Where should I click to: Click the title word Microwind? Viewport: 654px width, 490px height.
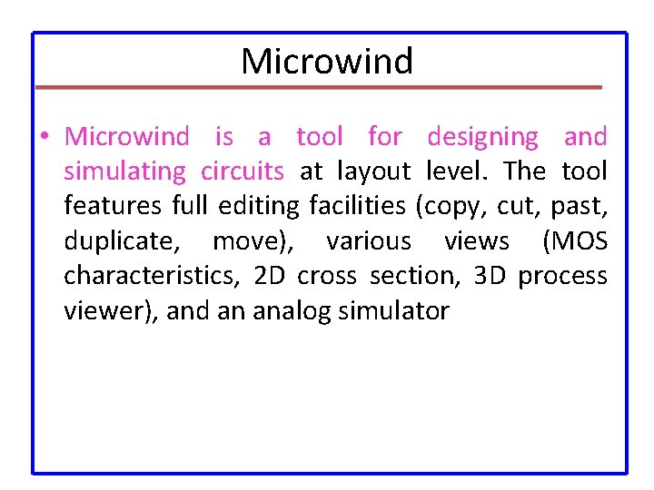coord(327,62)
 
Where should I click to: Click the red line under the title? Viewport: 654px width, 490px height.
coord(318,87)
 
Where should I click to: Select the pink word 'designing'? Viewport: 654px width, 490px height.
coord(482,138)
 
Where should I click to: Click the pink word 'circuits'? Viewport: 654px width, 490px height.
coord(243,171)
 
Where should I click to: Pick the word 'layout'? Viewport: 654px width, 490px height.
coord(373,172)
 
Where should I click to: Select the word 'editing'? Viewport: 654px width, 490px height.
coord(258,207)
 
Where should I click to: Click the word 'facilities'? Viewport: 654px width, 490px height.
coord(357,207)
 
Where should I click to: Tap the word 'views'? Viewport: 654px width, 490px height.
coord(477,242)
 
